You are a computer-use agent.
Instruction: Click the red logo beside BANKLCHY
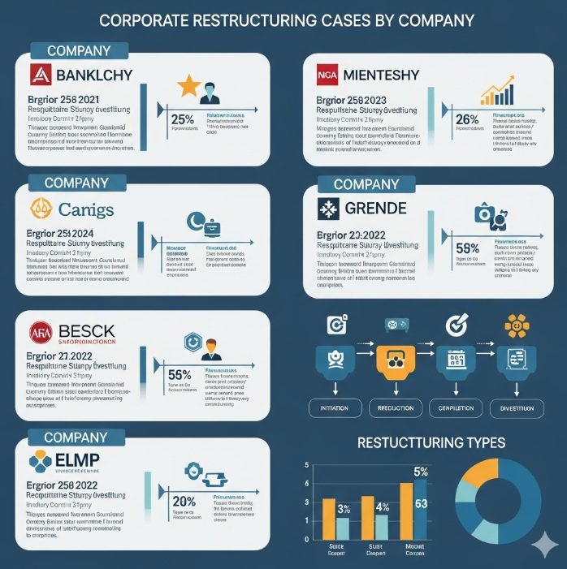coord(41,76)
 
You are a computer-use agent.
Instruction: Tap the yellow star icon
coord(189,85)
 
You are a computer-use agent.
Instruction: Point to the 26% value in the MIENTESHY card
coord(468,119)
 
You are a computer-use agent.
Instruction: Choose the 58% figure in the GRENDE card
coord(468,248)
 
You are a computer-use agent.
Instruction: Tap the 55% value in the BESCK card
coord(179,375)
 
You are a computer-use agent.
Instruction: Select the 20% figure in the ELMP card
coord(184,501)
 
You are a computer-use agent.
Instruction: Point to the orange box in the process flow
coord(397,362)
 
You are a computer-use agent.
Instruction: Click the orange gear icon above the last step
coord(516,326)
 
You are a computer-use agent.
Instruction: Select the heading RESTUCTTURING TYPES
coord(431,442)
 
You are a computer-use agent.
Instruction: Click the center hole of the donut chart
coord(497,503)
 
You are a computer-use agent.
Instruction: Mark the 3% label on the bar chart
coord(343,509)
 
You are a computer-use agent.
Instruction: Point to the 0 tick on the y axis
coord(306,539)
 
